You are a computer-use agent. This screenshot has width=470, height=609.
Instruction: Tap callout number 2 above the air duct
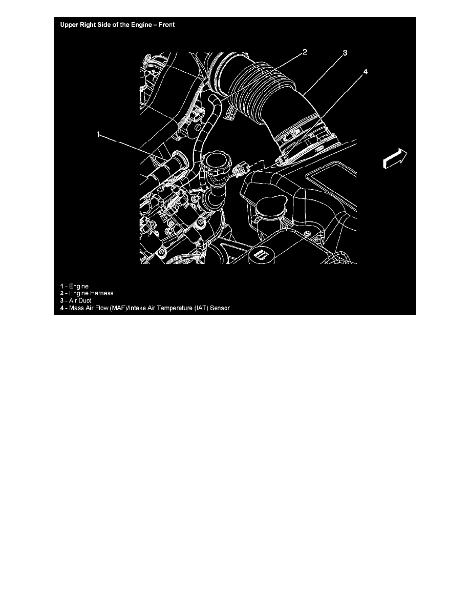pyautogui.click(x=304, y=52)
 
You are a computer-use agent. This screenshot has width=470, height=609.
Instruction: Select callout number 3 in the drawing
pyautogui.click(x=346, y=53)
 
